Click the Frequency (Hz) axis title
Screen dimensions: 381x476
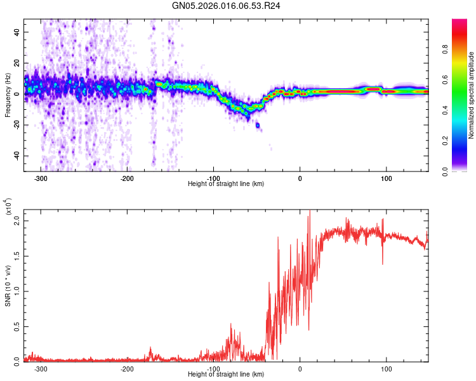[8, 94]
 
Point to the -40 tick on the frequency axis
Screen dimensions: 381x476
[15, 156]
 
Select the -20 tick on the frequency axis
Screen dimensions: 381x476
[15, 124]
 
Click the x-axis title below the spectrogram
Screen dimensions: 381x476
[226, 184]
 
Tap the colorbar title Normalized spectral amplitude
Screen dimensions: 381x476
[471, 95]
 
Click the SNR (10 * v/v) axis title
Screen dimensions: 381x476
[8, 283]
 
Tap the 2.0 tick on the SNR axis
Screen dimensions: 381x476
[17, 220]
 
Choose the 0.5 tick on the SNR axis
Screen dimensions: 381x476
[17, 326]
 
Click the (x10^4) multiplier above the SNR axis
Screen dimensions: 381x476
[8, 207]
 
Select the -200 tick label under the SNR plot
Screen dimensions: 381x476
[127, 368]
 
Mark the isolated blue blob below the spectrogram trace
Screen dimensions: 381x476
[258, 125]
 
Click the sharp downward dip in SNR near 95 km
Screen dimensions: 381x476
[382, 263]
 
